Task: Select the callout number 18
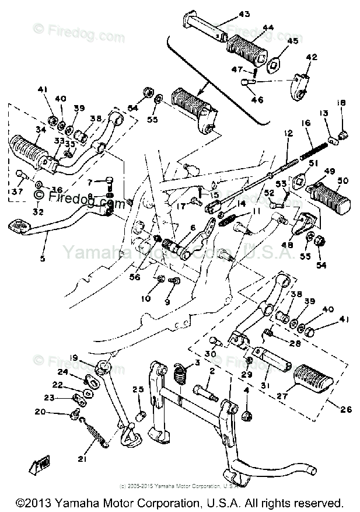click(341, 103)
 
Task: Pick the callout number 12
click(288, 134)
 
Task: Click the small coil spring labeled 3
click(181, 374)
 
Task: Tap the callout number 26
click(345, 409)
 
